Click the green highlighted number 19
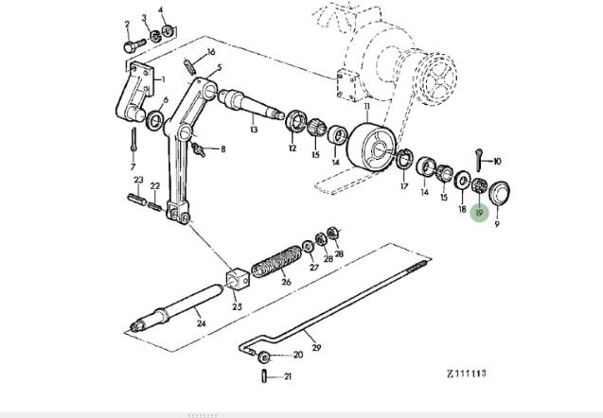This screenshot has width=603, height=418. click(x=479, y=214)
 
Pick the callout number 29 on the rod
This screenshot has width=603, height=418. click(x=316, y=348)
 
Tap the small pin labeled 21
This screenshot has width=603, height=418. click(x=262, y=375)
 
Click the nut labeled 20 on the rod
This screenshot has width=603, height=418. click(x=266, y=356)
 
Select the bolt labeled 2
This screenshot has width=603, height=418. click(x=131, y=43)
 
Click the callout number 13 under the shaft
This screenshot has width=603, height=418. click(x=254, y=129)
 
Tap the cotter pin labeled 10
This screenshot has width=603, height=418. click(x=482, y=156)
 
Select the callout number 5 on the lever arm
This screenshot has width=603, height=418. click(x=219, y=69)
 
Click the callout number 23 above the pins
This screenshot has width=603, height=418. click(x=138, y=180)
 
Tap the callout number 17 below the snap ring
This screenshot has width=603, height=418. click(x=405, y=187)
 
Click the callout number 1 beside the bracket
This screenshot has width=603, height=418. click(x=162, y=79)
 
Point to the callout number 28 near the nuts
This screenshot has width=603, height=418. click(x=339, y=254)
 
